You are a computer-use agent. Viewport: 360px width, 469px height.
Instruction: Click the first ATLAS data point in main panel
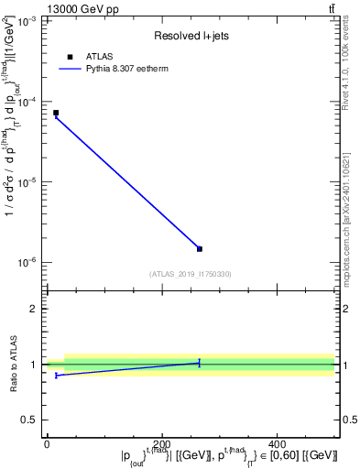[56, 113]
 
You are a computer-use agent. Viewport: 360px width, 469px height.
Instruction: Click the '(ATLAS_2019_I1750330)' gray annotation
[191, 274]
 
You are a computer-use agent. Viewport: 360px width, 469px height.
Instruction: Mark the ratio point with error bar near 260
[200, 363]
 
